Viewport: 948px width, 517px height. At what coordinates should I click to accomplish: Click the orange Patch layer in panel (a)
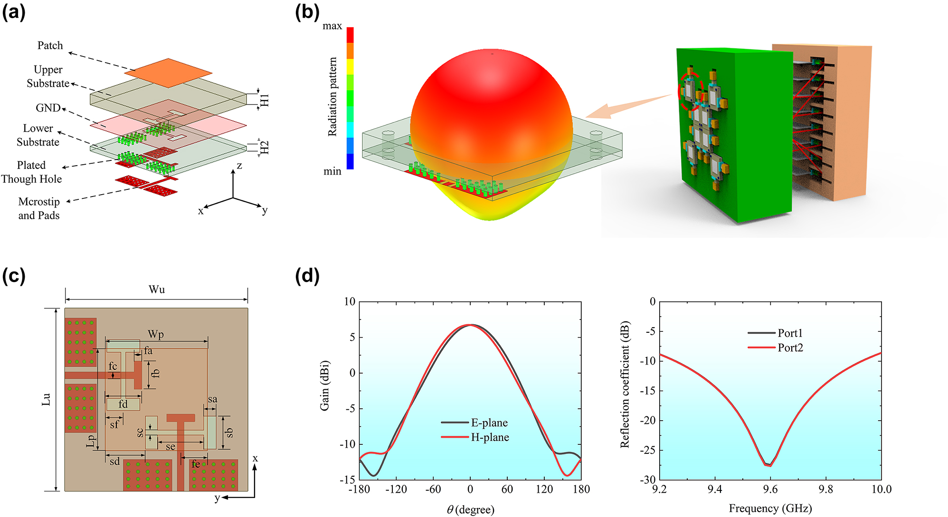pos(169,73)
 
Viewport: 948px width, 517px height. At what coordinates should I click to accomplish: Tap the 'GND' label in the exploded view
pos(48,108)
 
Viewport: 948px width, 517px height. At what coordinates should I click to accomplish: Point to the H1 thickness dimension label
pos(265,100)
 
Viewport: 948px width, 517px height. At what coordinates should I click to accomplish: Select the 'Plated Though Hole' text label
pos(31,172)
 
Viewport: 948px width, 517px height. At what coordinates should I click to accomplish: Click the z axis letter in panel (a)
pos(239,166)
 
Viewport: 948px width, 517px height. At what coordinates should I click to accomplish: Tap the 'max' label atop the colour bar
pos(332,26)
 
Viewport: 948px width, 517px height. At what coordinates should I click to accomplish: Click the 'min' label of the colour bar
pos(332,171)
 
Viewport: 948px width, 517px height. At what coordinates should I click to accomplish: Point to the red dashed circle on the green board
pos(689,90)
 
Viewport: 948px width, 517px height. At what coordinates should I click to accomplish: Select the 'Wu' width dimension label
pos(157,290)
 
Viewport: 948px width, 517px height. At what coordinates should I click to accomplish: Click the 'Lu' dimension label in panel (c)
pos(46,399)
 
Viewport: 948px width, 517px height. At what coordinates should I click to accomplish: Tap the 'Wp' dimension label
pos(156,334)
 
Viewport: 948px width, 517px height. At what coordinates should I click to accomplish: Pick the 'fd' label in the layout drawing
pos(123,404)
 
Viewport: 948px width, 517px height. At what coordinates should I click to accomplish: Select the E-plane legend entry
pos(475,423)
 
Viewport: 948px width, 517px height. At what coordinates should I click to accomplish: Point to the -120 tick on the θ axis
pos(396,489)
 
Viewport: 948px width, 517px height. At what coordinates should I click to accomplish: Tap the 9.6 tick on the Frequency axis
pos(770,489)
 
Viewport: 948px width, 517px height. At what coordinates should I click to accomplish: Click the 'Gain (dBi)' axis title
pos(324,385)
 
